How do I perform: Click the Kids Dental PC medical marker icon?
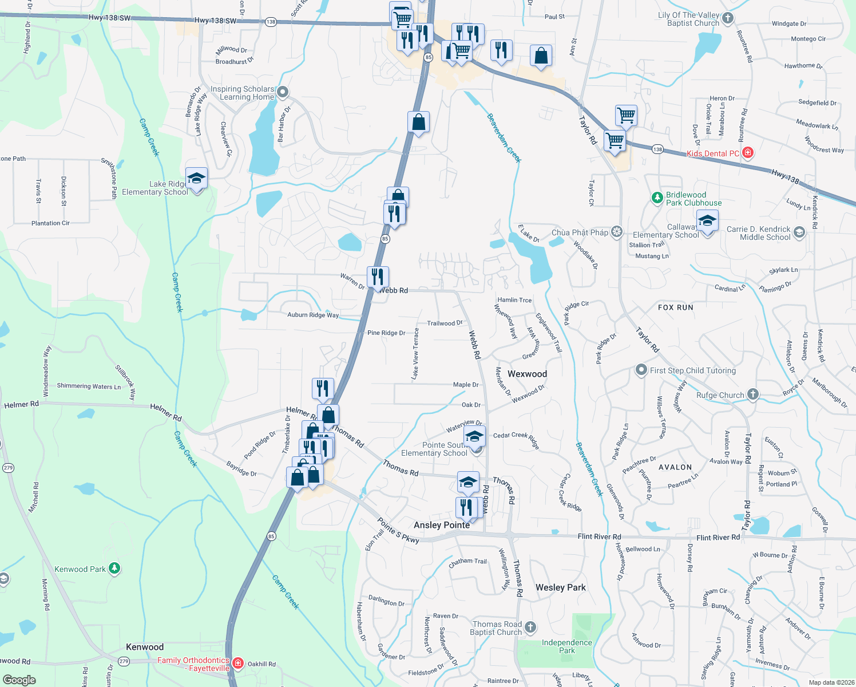pos(747,153)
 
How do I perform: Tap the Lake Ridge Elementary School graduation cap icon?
pos(196,178)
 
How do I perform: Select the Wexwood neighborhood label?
pos(527,374)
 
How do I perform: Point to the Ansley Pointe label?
pos(442,525)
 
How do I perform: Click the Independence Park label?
pos(566,646)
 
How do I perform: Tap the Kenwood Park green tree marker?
pos(114,568)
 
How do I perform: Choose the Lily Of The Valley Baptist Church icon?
pos(727,18)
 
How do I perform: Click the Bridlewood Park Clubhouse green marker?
pos(657,198)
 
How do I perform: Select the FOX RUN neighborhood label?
pos(675,307)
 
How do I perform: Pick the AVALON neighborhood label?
pos(675,467)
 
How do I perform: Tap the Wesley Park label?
pos(560,587)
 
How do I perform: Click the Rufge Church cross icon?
pos(753,394)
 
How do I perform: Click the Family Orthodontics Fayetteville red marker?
pos(238,664)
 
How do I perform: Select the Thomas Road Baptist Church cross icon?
pos(530,627)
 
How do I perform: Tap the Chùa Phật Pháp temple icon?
pos(616,232)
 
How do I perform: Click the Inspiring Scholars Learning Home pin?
pos(282,92)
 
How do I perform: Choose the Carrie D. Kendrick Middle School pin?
pos(799,232)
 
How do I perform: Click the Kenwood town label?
pos(145,647)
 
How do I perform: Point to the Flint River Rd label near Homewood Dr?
pos(599,536)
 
